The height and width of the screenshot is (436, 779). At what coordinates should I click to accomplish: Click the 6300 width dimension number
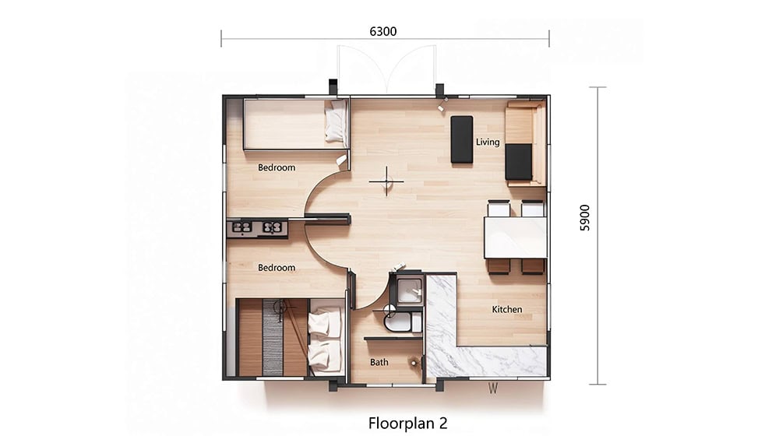pyautogui.click(x=383, y=31)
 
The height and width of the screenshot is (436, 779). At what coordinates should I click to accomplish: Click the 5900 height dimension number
pyautogui.click(x=585, y=218)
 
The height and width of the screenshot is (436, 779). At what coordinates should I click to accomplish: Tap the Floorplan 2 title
pyautogui.click(x=408, y=423)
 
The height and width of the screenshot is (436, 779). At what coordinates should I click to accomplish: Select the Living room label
pyautogui.click(x=488, y=142)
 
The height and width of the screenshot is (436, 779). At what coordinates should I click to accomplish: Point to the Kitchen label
pyautogui.click(x=507, y=309)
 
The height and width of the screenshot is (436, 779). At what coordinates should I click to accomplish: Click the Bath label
pyautogui.click(x=379, y=363)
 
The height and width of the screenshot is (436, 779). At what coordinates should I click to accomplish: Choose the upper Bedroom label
pyautogui.click(x=277, y=168)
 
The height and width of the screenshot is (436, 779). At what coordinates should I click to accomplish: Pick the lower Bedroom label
pyautogui.click(x=277, y=268)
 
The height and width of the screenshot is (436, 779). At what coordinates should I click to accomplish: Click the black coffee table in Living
pyautogui.click(x=461, y=139)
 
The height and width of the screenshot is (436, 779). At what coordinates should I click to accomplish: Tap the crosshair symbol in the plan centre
pyautogui.click(x=386, y=181)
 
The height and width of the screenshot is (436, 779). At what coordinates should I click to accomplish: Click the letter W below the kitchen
pyautogui.click(x=492, y=389)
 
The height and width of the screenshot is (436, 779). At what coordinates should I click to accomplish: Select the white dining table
pyautogui.click(x=515, y=237)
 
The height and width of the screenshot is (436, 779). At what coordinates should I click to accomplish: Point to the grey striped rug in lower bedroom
pyautogui.click(x=273, y=337)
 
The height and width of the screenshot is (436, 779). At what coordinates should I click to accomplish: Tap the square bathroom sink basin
pyautogui.click(x=410, y=289)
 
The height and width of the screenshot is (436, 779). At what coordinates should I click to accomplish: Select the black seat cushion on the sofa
pyautogui.click(x=519, y=162)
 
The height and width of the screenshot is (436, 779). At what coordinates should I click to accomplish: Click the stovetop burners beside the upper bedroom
pyautogui.click(x=257, y=228)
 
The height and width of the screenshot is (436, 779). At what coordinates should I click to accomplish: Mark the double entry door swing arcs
pyautogui.click(x=386, y=69)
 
